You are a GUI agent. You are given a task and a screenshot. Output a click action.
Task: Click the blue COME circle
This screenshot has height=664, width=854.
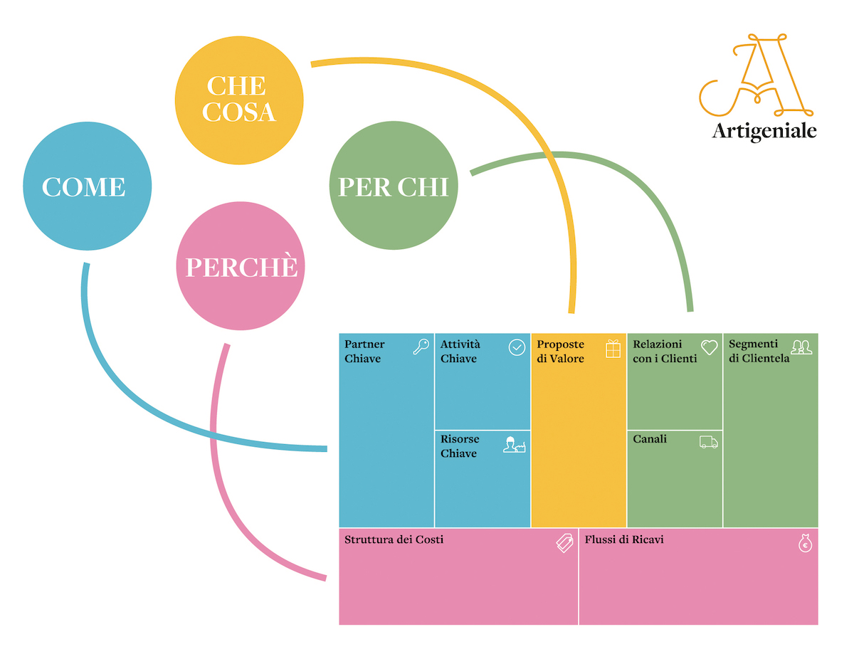(x=87, y=186)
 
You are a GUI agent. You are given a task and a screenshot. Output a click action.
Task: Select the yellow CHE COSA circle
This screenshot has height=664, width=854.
(x=239, y=100)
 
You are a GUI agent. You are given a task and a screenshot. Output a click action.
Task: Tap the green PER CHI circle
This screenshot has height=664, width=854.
(x=394, y=186)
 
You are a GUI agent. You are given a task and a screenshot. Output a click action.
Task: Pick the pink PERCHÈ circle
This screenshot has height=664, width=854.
(x=241, y=266)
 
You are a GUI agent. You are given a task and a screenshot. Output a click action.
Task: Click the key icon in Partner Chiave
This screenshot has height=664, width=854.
(x=421, y=347)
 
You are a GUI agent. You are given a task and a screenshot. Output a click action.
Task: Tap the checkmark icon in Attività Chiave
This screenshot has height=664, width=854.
(x=517, y=347)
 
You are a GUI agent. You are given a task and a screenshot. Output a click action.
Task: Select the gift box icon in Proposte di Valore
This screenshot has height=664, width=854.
(x=613, y=349)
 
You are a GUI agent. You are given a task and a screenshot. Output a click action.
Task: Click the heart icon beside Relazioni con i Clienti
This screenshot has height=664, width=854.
(x=709, y=347)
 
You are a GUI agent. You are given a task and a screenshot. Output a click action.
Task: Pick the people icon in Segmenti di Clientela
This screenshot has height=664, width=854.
(x=801, y=347)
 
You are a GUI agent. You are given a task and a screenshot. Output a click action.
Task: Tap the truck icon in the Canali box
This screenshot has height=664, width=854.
(x=709, y=442)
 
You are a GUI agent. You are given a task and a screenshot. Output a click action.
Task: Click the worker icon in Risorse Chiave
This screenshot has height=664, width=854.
(x=514, y=445)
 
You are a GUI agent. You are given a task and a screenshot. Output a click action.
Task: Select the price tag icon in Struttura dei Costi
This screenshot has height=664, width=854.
(x=564, y=544)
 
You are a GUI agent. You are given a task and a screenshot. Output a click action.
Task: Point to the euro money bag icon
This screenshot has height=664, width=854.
(x=805, y=543)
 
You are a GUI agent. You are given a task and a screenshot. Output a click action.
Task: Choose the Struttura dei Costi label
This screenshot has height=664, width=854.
(x=394, y=539)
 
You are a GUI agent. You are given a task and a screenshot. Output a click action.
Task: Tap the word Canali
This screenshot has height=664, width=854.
(x=650, y=439)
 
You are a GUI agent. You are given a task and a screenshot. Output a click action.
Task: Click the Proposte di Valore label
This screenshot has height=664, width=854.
(x=560, y=352)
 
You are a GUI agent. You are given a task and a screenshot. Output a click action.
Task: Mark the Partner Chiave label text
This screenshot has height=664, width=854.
(x=364, y=352)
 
